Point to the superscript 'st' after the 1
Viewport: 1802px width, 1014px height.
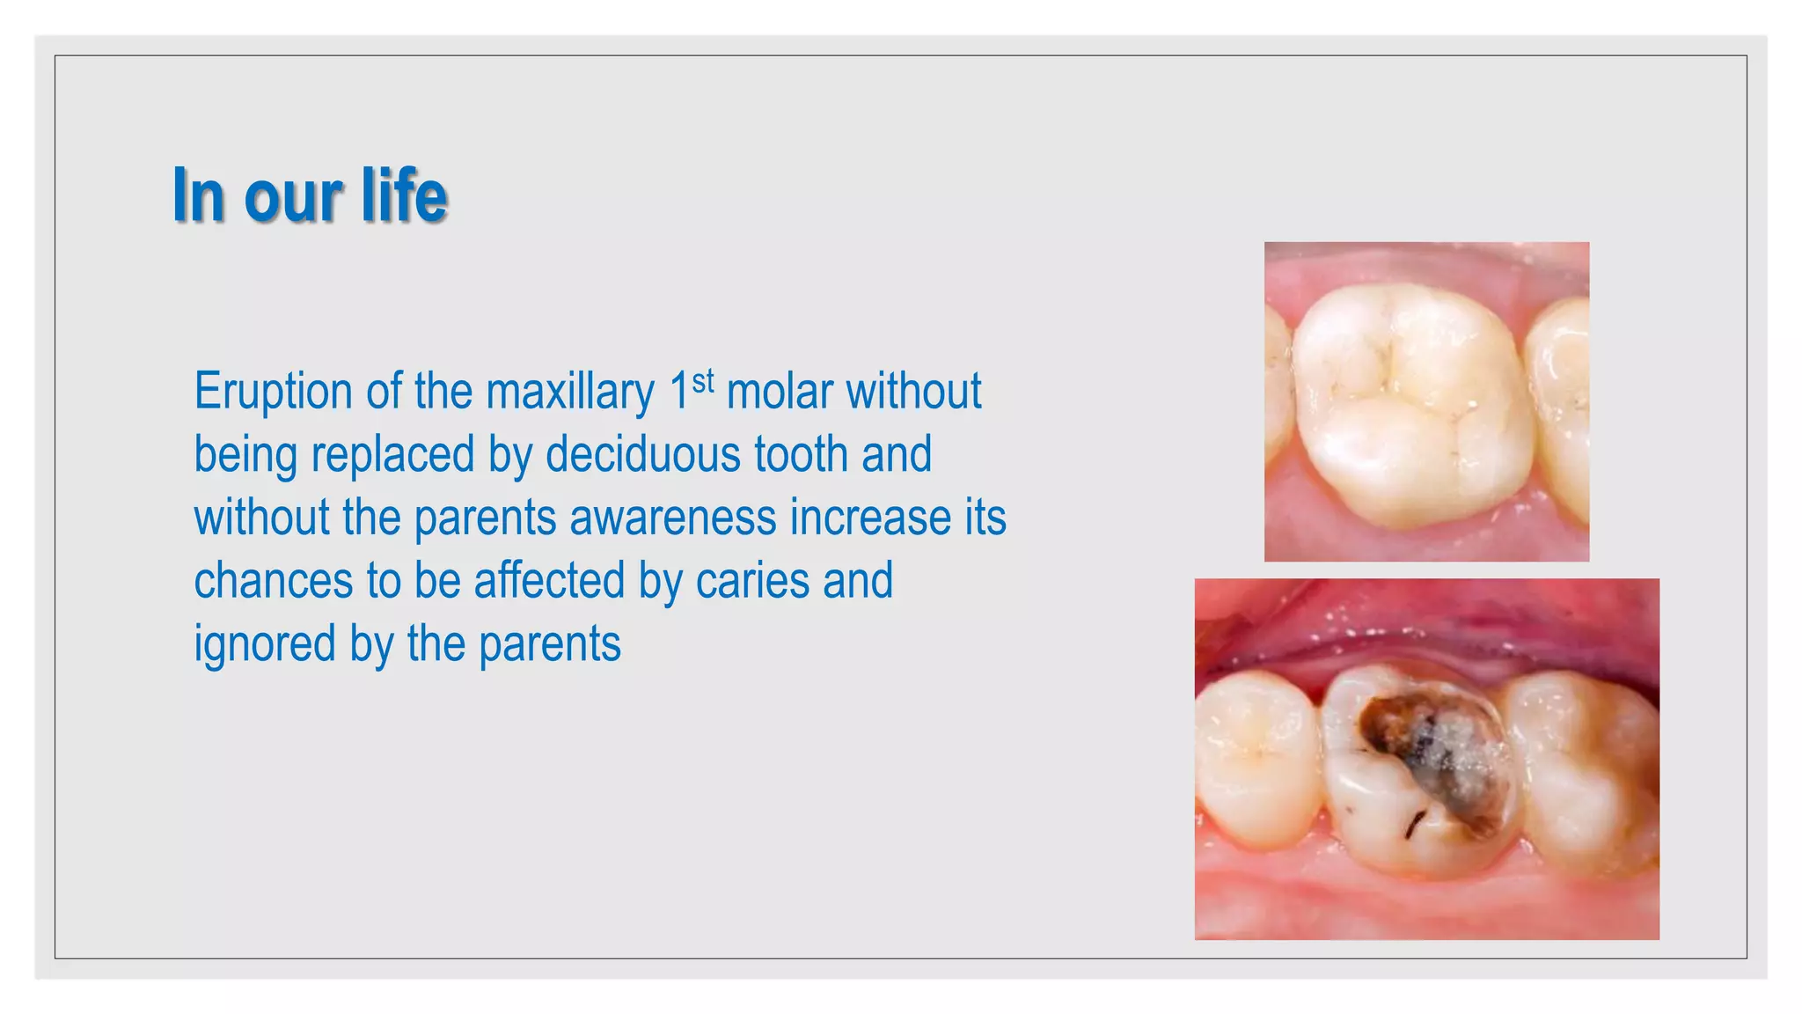pyautogui.click(x=703, y=381)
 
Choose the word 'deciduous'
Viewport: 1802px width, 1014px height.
pyautogui.click(x=642, y=454)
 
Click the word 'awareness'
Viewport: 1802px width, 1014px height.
pyautogui.click(x=673, y=518)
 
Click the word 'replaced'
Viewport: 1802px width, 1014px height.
pyautogui.click(x=392, y=454)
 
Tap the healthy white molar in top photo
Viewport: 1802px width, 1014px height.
pyautogui.click(x=1412, y=405)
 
